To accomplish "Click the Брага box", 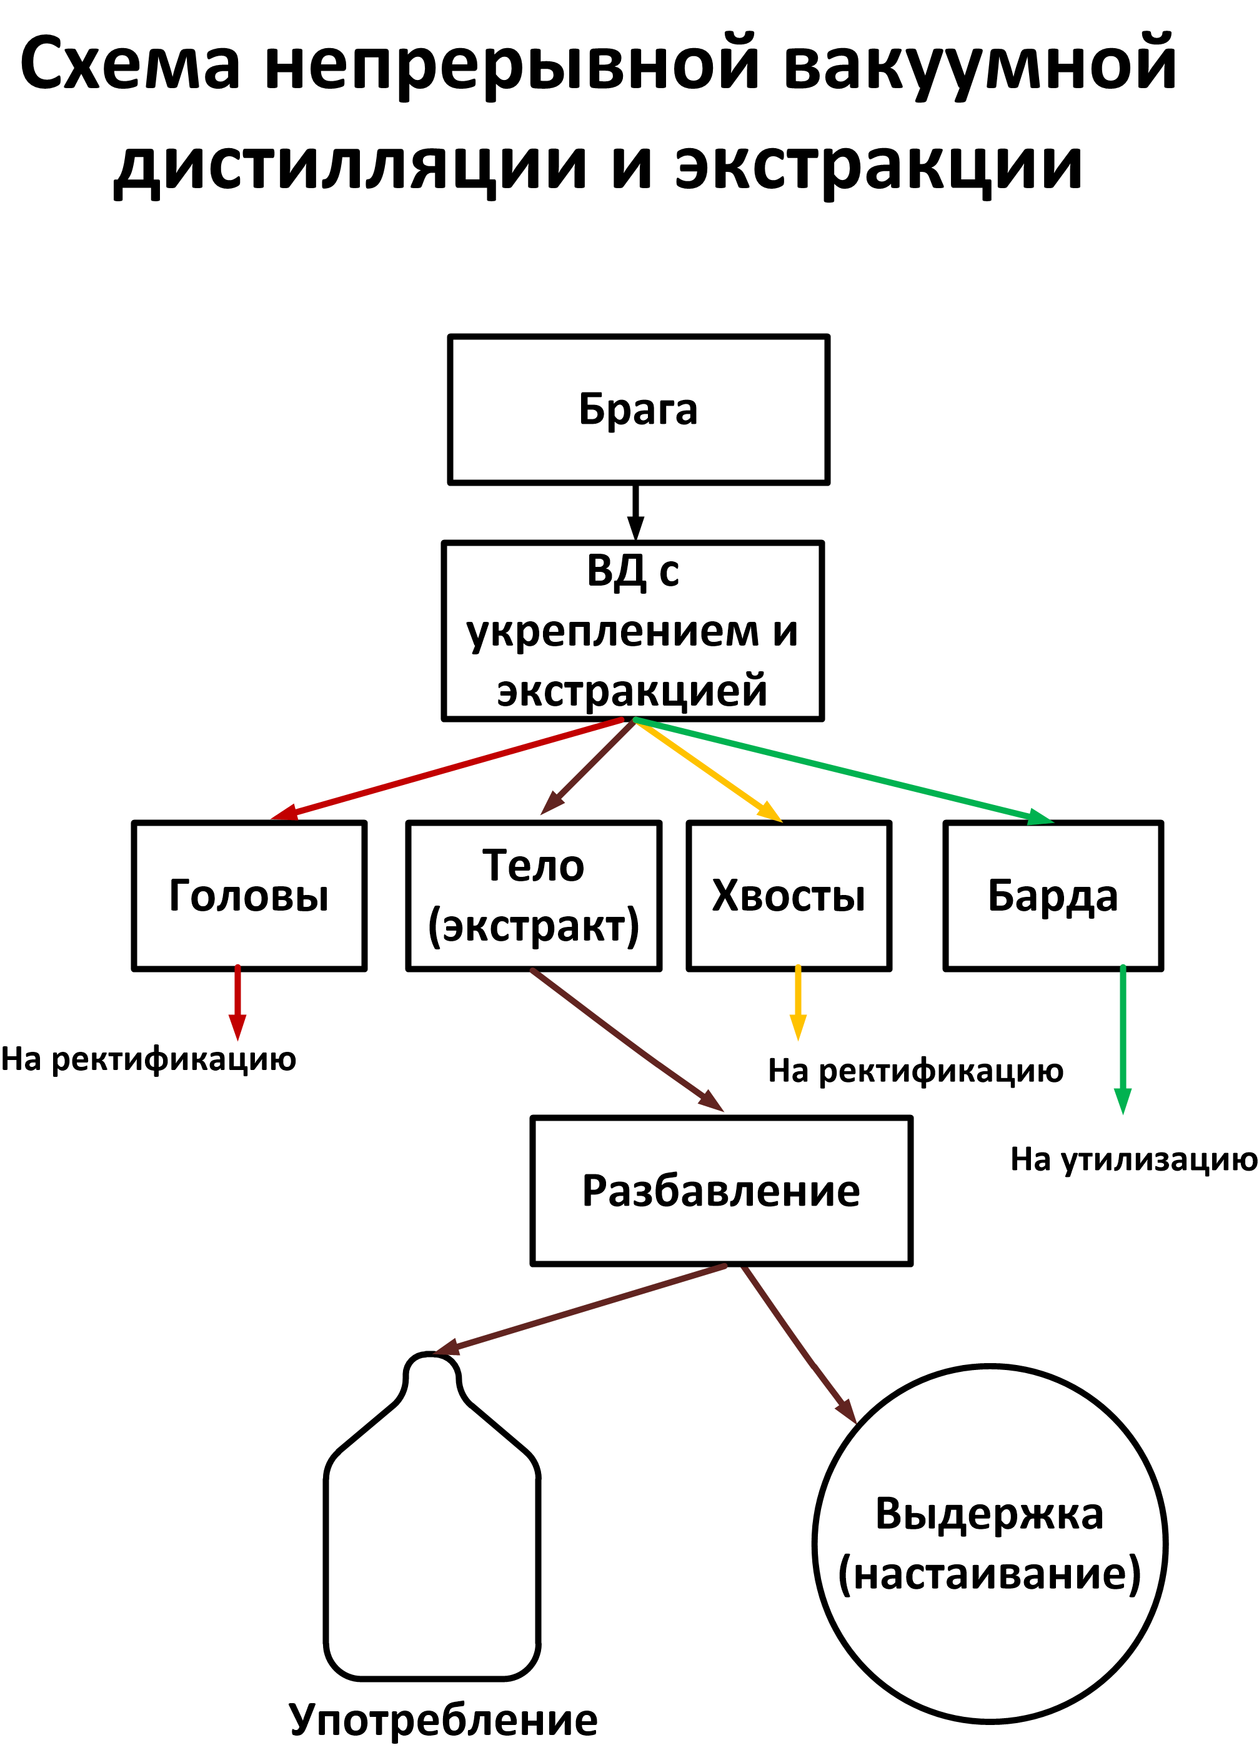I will click(638, 410).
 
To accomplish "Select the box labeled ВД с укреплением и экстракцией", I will click(632, 631).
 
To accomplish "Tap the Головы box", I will click(249, 896).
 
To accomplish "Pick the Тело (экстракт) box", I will click(534, 896).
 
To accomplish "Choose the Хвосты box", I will click(789, 896).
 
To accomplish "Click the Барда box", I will click(1053, 896).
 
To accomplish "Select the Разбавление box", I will click(721, 1191).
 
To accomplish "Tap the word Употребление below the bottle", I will click(443, 1719).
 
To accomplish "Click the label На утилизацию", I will click(1134, 1159).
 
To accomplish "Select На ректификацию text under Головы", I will click(148, 1059).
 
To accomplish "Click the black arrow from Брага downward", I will click(635, 512).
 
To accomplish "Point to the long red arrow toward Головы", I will click(447, 767).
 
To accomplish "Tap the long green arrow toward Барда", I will click(841, 769).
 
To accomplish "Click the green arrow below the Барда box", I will click(1122, 1037).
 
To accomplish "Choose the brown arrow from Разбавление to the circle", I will click(799, 1343).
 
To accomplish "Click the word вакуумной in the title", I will click(980, 63).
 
